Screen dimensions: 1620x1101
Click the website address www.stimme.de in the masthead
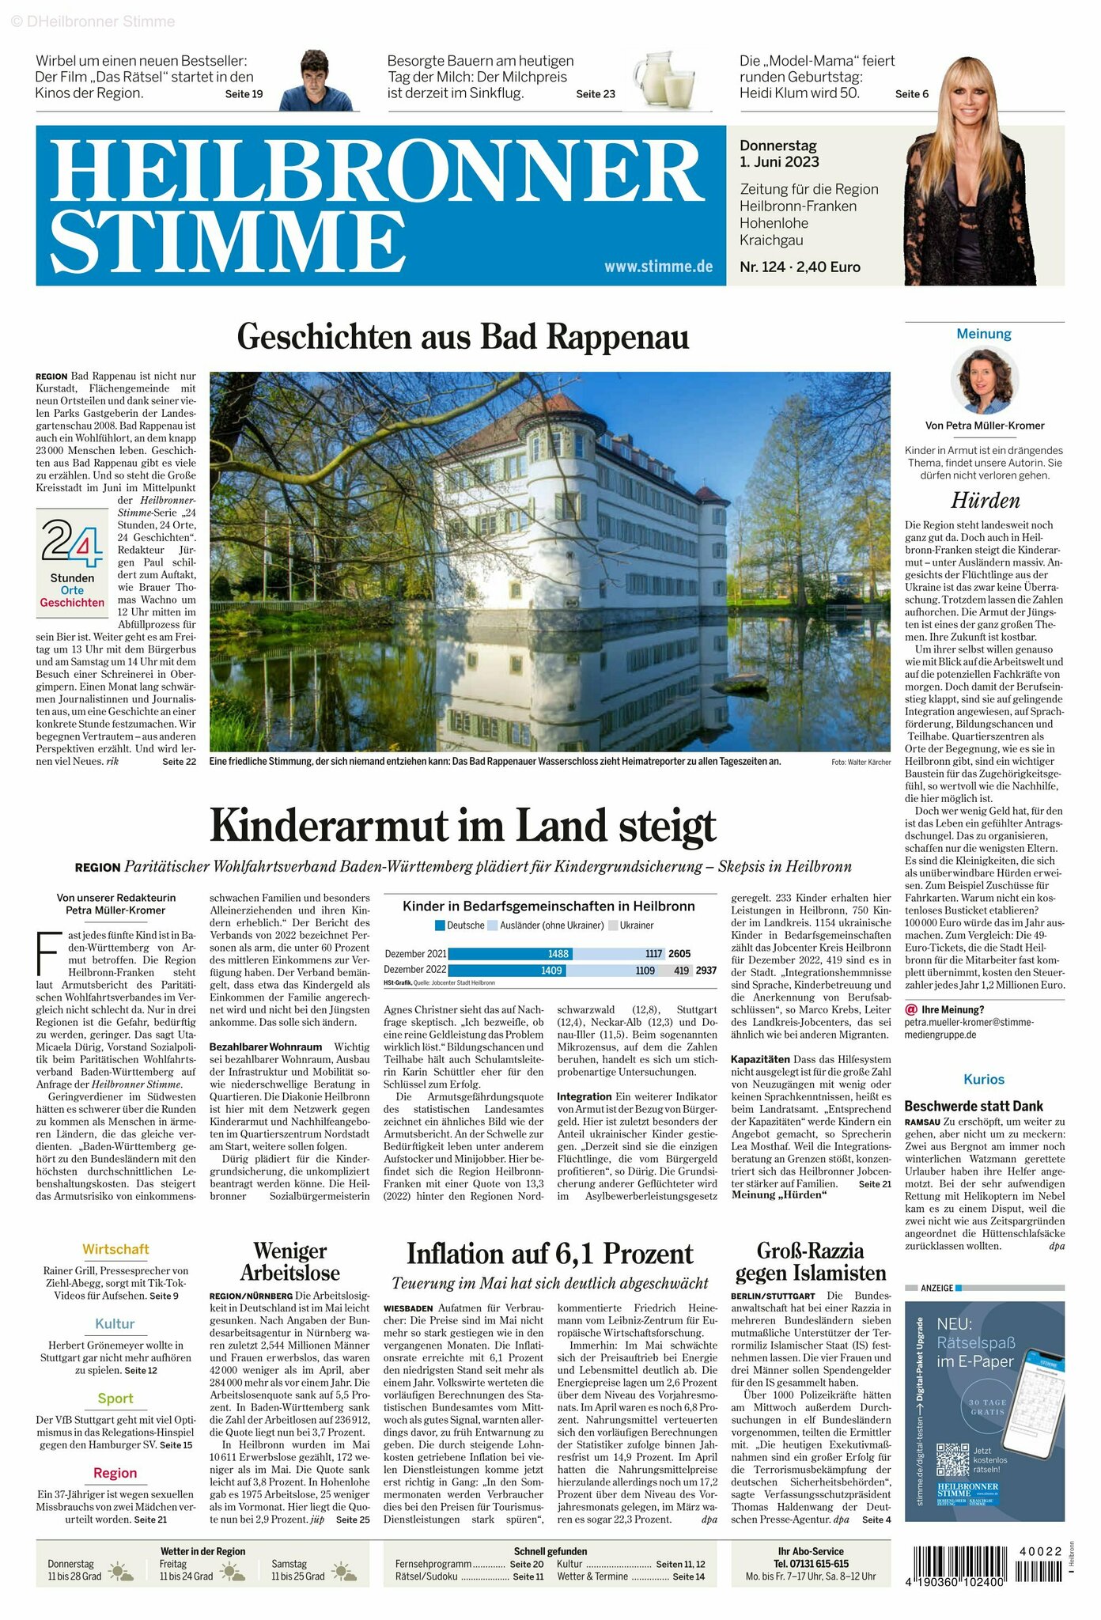click(x=658, y=267)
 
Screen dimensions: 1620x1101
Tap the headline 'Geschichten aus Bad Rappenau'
click(x=463, y=337)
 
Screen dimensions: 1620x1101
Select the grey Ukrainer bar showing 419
click(x=680, y=970)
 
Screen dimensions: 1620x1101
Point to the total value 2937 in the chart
click(x=706, y=970)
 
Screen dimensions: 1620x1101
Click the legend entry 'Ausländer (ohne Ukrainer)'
click(x=545, y=925)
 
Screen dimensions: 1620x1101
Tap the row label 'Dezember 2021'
click(x=415, y=954)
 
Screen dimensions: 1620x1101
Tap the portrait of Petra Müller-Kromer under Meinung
click(x=984, y=382)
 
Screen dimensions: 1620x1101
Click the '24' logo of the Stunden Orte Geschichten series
click(x=71, y=543)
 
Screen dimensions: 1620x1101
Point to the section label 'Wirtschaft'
click(x=115, y=1249)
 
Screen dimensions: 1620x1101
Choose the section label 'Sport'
click(x=115, y=1399)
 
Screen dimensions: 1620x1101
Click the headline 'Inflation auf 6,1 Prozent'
click(x=550, y=1254)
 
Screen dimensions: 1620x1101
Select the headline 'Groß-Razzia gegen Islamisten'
click(x=811, y=1262)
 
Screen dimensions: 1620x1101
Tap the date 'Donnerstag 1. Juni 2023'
click(x=779, y=154)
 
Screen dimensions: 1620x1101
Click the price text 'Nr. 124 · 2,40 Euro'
click(x=800, y=267)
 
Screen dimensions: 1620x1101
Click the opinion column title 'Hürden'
click(x=985, y=500)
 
